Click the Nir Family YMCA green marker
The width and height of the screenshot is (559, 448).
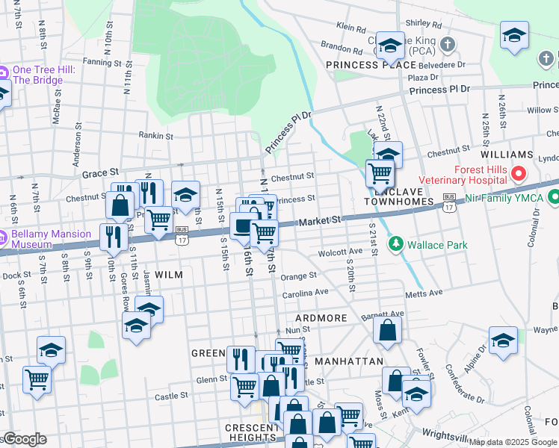point(554,198)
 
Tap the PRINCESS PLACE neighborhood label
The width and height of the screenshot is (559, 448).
point(371,65)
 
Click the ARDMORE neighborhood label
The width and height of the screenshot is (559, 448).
point(321,318)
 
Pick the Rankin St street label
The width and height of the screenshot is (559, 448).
point(156,136)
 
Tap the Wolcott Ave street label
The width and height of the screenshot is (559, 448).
point(340,252)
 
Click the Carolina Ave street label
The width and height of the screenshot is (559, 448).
point(306,293)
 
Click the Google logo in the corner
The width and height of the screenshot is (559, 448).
point(24,439)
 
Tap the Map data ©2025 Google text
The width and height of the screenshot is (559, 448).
point(513,442)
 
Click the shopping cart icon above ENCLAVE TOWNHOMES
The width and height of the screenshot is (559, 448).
point(380,173)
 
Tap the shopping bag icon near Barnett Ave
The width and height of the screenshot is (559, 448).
point(387,330)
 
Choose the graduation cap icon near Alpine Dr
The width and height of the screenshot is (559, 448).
point(504,340)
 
